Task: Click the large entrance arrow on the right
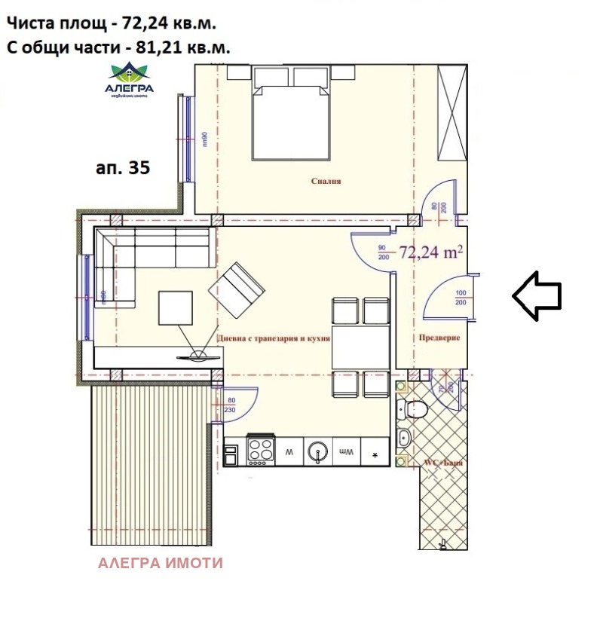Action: pyautogui.click(x=537, y=295)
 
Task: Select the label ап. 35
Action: pyautogui.click(x=124, y=167)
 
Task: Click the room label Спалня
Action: pyautogui.click(x=326, y=182)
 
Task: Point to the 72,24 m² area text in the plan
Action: pyautogui.click(x=430, y=252)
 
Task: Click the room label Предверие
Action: pyautogui.click(x=439, y=338)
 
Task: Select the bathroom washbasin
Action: pyautogui.click(x=404, y=438)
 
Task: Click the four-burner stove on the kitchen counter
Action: pyautogui.click(x=261, y=452)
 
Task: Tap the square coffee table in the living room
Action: pyautogui.click(x=176, y=307)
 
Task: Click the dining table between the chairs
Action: pyautogui.click(x=360, y=347)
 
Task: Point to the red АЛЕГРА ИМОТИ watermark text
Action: pyautogui.click(x=161, y=563)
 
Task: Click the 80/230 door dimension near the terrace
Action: pyautogui.click(x=231, y=405)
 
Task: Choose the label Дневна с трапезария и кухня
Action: pyautogui.click(x=274, y=339)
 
